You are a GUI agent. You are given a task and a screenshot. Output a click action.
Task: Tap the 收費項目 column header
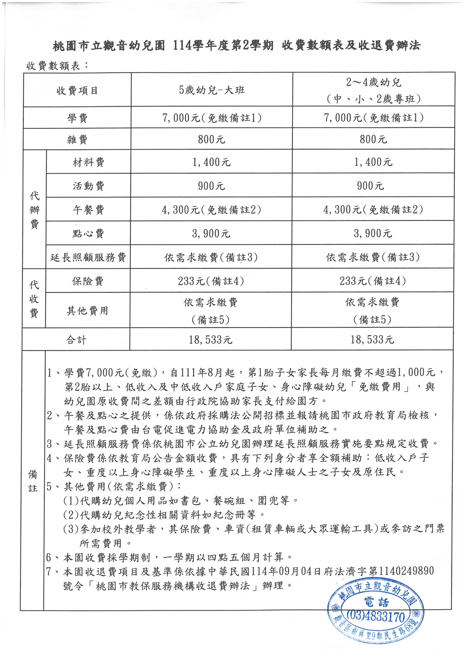coord(77,91)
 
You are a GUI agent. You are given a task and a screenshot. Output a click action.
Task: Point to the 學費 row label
coord(77,118)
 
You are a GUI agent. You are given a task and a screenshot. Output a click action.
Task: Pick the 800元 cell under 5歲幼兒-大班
coord(212,139)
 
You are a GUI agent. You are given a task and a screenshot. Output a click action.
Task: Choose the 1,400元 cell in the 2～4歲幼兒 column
coord(373,162)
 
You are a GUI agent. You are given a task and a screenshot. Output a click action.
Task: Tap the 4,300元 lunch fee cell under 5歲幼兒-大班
coord(211,210)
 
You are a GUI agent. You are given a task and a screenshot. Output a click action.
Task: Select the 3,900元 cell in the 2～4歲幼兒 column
coord(373,233)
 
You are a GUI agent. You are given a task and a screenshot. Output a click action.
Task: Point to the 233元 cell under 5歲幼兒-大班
coord(211,281)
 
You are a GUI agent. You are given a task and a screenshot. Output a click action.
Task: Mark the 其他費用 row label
coord(87,310)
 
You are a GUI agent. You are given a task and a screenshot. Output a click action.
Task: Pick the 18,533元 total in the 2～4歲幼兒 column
coord(372,340)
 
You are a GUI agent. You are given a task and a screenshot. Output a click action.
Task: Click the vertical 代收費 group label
coord(34,299)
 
